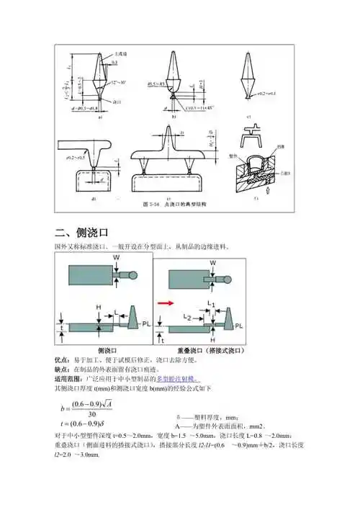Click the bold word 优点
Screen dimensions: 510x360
(x=63, y=359)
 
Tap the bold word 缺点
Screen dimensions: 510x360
(x=63, y=368)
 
